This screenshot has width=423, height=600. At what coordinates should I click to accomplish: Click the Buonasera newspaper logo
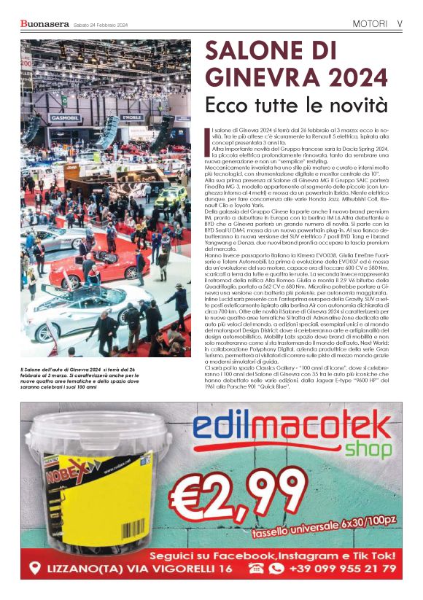pyautogui.click(x=44, y=23)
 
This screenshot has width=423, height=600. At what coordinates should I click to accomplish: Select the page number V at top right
pyautogui.click(x=400, y=23)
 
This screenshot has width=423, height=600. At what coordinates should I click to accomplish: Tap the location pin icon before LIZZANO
pyautogui.click(x=34, y=568)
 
